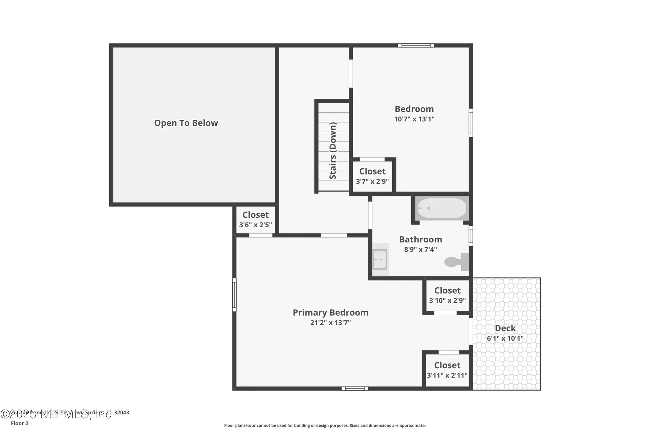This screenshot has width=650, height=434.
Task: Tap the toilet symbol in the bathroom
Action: coord(455,262)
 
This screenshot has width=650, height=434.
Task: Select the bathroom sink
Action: coord(380,259)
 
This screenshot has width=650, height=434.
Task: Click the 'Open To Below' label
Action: coord(186,123)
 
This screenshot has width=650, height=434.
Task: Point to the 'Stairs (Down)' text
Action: coord(333,151)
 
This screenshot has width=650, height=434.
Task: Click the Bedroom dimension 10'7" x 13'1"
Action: coord(414,119)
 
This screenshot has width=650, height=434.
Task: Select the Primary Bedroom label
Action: coord(330,312)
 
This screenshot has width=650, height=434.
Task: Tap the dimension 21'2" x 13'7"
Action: coord(330,322)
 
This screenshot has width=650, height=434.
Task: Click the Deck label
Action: coord(505,328)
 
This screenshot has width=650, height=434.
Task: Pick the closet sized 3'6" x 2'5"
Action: coord(255,219)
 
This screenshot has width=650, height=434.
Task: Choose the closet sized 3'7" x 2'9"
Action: coord(372,176)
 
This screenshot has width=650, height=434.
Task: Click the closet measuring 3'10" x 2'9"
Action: coord(447,295)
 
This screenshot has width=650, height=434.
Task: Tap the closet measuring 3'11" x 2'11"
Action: coord(447,370)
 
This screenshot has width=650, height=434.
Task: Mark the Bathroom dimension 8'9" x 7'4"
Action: coord(420,250)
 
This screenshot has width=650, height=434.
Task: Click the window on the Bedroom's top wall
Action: coord(416,45)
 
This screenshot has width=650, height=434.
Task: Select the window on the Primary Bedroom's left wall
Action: coord(234,295)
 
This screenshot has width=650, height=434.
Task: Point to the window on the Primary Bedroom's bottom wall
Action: coord(354,389)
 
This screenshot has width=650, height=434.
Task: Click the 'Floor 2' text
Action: coord(20,423)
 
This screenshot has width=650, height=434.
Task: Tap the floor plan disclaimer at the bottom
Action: coord(325,425)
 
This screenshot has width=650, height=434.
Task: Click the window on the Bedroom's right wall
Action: coord(471,123)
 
